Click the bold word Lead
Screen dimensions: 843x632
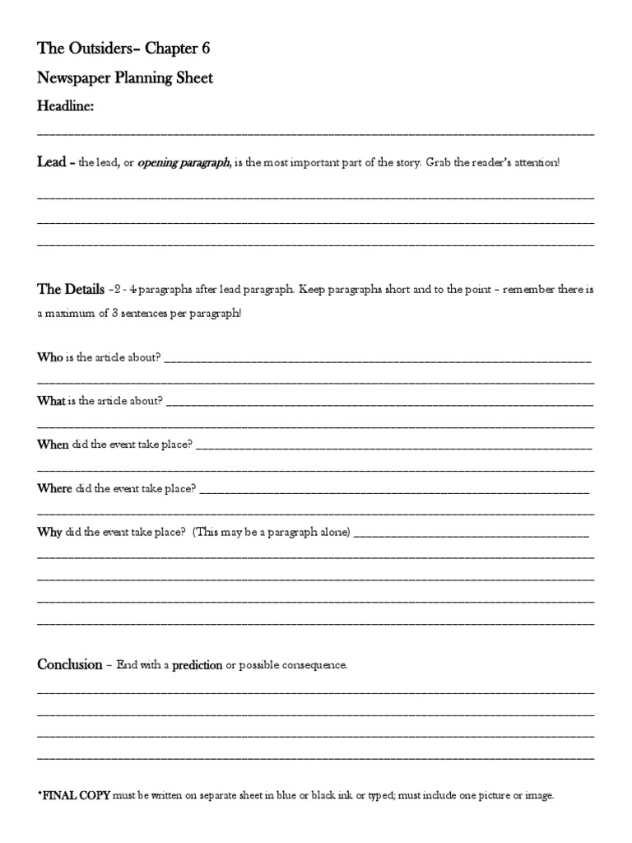(x=51, y=162)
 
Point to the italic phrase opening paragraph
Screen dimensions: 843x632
(x=184, y=163)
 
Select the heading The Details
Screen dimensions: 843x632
(x=71, y=290)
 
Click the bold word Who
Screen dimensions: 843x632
(x=49, y=357)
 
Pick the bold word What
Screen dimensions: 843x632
(x=51, y=401)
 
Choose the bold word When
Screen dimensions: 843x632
(x=53, y=445)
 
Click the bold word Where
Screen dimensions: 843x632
(x=54, y=488)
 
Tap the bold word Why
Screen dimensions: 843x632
(x=49, y=532)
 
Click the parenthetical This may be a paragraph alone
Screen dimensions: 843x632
(x=272, y=532)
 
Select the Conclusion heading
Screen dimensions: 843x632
(x=69, y=664)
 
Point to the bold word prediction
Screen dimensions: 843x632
(x=197, y=665)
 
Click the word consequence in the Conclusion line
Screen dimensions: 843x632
(x=316, y=665)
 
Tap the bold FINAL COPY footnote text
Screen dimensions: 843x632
(x=77, y=796)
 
